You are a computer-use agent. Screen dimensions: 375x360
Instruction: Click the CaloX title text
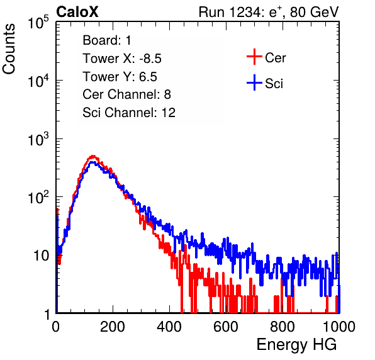[77, 12]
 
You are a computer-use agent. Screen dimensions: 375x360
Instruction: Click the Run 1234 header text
[269, 12]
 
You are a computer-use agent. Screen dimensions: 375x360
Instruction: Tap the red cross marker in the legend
[254, 57]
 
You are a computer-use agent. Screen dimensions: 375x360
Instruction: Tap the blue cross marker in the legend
[254, 83]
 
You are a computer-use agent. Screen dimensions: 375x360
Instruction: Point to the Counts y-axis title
[9, 49]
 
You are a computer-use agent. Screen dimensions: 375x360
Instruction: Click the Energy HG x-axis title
[296, 344]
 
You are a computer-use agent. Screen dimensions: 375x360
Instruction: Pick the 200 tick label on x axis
[113, 327]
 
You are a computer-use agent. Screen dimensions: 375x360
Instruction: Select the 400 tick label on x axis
[169, 327]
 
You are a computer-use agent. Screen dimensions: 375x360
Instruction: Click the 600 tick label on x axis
[226, 327]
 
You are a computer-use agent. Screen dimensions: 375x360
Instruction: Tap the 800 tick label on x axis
[283, 327]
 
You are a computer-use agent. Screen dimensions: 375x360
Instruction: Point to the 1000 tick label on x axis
[339, 327]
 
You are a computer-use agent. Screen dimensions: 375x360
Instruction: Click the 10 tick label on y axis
[42, 256]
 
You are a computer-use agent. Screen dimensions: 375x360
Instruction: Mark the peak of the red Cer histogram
[93, 156]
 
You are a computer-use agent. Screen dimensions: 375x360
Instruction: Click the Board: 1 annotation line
[107, 40]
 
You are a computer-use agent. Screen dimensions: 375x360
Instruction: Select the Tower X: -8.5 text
[122, 59]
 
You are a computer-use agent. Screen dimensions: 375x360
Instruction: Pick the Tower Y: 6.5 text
[120, 77]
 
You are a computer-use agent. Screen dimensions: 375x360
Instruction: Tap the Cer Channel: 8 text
[126, 94]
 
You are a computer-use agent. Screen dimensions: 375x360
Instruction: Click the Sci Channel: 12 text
[129, 113]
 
